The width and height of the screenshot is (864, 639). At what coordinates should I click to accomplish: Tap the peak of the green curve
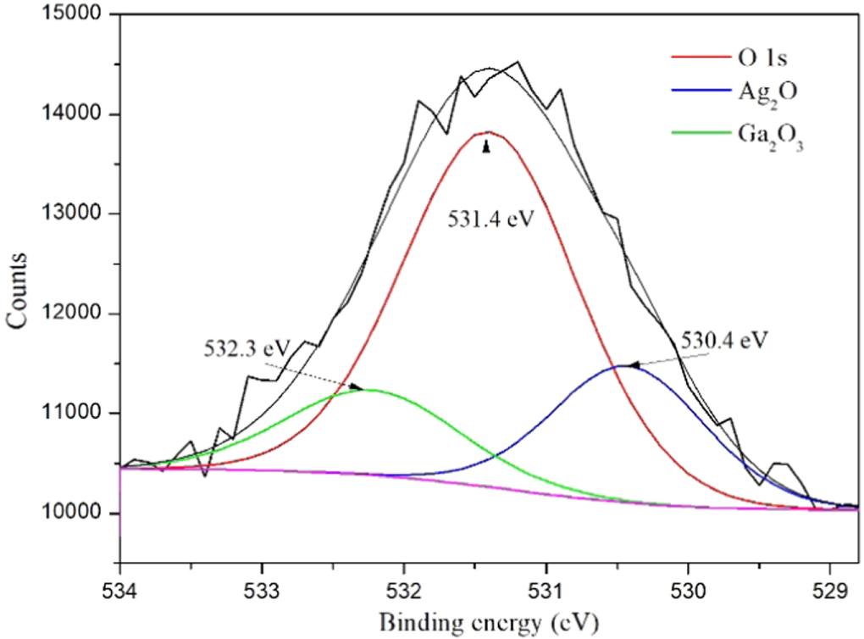pos(370,390)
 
